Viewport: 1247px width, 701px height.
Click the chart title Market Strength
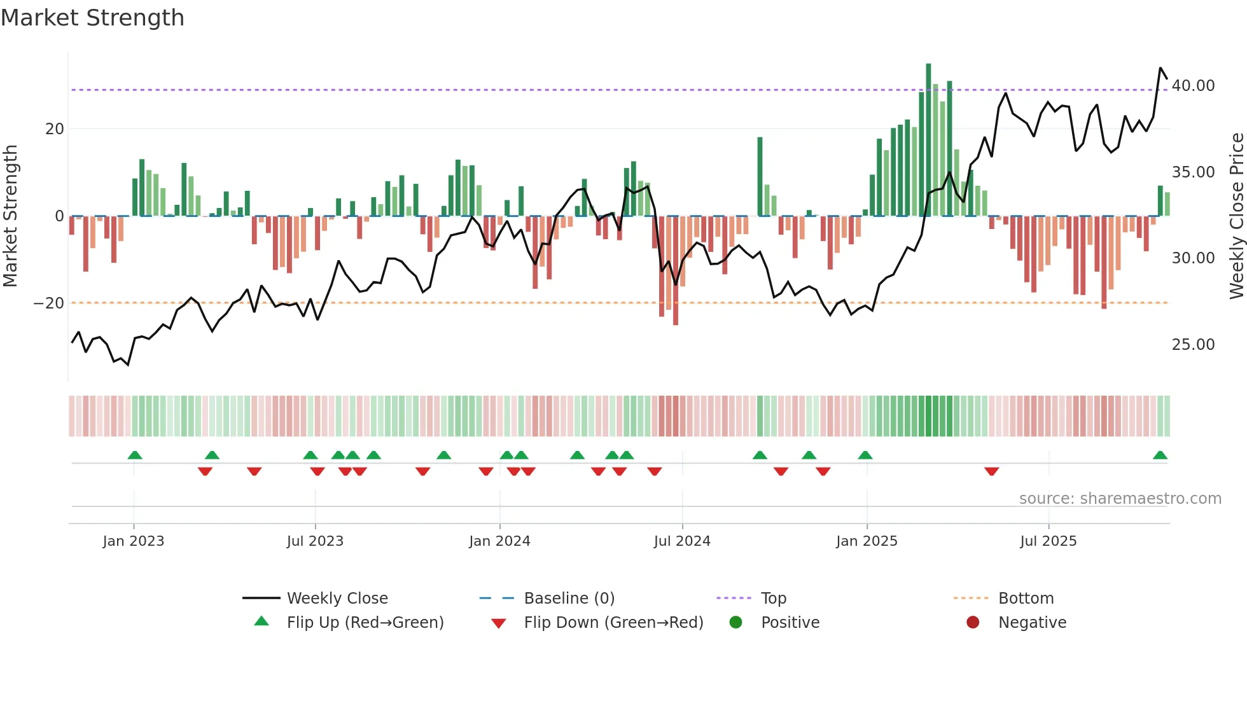[92, 18]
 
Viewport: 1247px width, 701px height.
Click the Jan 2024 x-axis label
[499, 541]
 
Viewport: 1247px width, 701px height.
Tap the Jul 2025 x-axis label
[1048, 541]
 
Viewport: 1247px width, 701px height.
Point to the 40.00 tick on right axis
[1193, 86]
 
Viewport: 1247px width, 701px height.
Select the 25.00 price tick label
[1193, 345]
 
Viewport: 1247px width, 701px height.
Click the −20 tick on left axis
[49, 303]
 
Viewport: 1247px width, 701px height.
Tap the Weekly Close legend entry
[337, 599]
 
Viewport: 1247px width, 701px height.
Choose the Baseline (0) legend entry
[569, 599]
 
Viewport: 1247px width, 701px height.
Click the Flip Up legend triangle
[261, 621]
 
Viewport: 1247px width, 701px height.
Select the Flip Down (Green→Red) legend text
[613, 623]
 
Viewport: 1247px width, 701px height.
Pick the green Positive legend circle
[735, 623]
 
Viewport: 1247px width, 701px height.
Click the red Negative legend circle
[973, 623]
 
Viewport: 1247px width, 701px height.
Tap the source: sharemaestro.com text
[1120, 499]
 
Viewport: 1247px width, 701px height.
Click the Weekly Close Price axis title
[1236, 216]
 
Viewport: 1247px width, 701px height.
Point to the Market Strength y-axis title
[11, 216]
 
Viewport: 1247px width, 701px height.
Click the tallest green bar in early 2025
[928, 140]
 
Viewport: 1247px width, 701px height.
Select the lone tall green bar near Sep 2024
[760, 176]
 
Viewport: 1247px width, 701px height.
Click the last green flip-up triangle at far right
[1160, 455]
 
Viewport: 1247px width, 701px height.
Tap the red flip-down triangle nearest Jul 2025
[991, 471]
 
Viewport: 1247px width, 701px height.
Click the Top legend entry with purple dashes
[773, 599]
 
